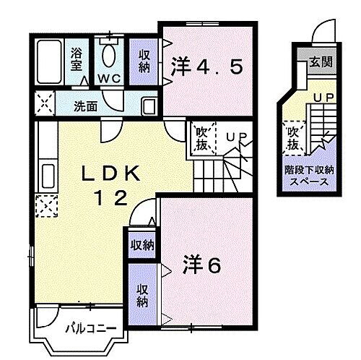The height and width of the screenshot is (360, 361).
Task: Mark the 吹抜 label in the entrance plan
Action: pyautogui.click(x=292, y=138)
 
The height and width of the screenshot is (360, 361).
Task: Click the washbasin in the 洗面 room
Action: pyautogui.click(x=149, y=106)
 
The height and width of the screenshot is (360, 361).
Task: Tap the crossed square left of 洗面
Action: pyautogui.click(x=45, y=105)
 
